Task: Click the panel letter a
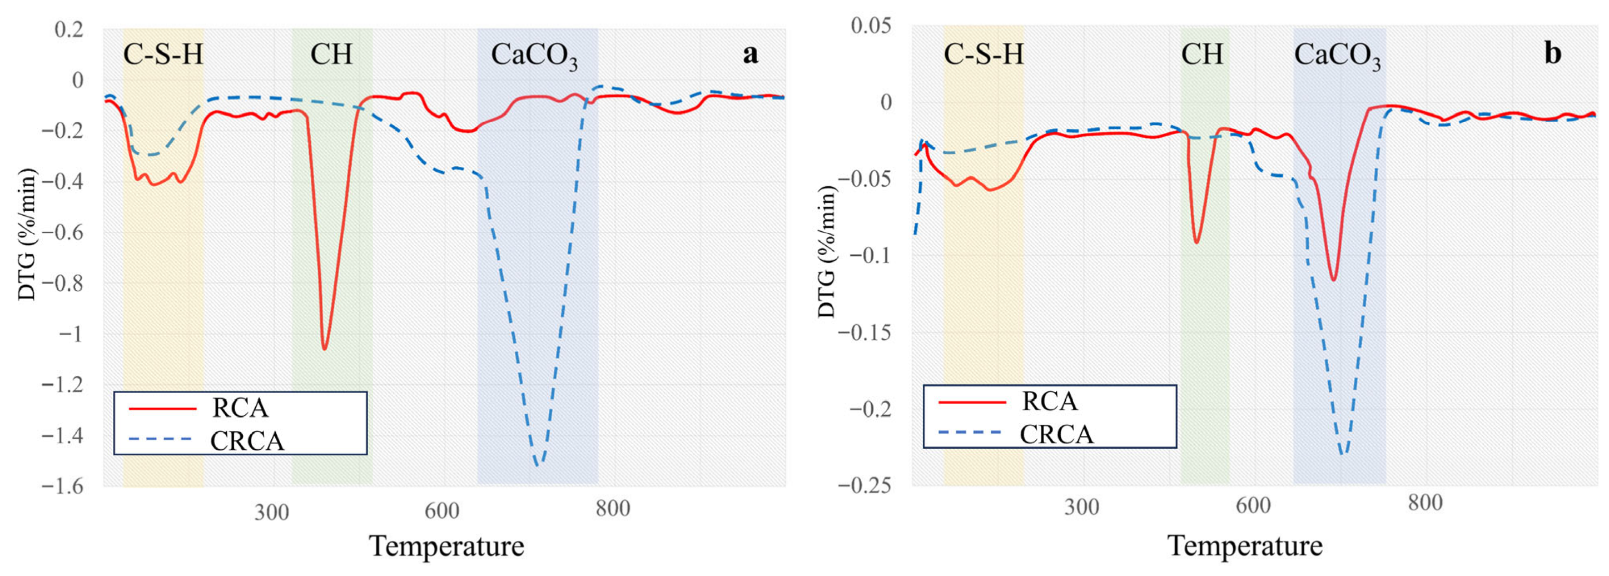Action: pyautogui.click(x=750, y=54)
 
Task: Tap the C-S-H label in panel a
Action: pyautogui.click(x=163, y=54)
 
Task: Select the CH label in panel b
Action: pyautogui.click(x=1202, y=54)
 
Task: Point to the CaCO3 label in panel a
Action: pyautogui.click(x=534, y=56)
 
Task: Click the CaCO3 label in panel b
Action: pyautogui.click(x=1337, y=56)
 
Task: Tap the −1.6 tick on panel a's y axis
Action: pyautogui.click(x=62, y=486)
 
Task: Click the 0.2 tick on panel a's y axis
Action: pyautogui.click(x=69, y=29)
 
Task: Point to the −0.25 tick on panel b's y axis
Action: pyautogui.click(x=864, y=485)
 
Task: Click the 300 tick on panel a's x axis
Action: pyautogui.click(x=271, y=512)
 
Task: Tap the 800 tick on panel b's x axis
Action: pyautogui.click(x=1425, y=503)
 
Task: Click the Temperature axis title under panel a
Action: pyautogui.click(x=446, y=546)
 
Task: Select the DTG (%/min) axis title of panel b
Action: pyautogui.click(x=826, y=251)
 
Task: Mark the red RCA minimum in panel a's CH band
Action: pyautogui.click(x=324, y=349)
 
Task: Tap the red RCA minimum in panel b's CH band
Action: pyautogui.click(x=1196, y=242)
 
